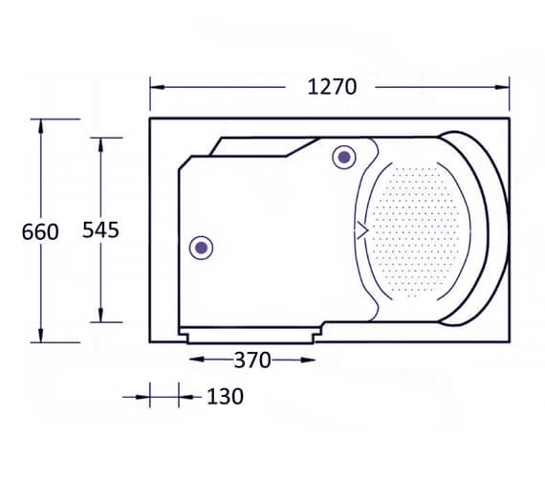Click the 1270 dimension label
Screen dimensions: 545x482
[x=332, y=87]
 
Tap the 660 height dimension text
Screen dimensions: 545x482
[x=40, y=232]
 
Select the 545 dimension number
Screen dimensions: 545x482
[x=100, y=230]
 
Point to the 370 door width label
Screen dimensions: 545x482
[x=252, y=361]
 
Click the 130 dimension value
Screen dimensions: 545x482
[x=226, y=397]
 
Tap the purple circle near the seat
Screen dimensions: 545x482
[x=344, y=157]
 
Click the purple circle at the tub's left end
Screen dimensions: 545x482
[x=201, y=248]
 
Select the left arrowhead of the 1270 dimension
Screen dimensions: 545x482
[x=158, y=87]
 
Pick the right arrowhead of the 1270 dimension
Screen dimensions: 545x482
[x=502, y=87]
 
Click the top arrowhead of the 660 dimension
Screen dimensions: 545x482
[x=41, y=126]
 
